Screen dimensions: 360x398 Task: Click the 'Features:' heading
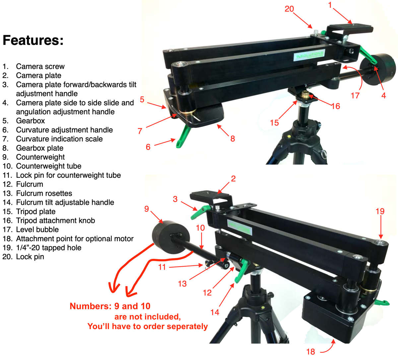click(33, 40)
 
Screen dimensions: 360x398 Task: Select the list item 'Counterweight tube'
click(48, 166)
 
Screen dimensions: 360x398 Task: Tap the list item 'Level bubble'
click(37, 230)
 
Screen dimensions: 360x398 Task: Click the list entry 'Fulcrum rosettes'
click(44, 193)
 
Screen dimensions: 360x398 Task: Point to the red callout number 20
click(289, 9)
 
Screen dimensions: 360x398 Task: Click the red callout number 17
click(355, 96)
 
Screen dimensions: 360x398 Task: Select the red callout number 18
click(311, 351)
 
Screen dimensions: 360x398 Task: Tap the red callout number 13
click(182, 284)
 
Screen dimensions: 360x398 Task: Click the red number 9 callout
click(147, 209)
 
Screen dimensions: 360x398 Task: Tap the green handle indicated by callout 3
click(201, 212)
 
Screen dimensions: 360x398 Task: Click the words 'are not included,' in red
click(148, 317)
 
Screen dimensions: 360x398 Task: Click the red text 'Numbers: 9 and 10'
click(110, 306)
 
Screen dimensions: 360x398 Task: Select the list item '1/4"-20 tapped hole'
click(48, 248)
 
